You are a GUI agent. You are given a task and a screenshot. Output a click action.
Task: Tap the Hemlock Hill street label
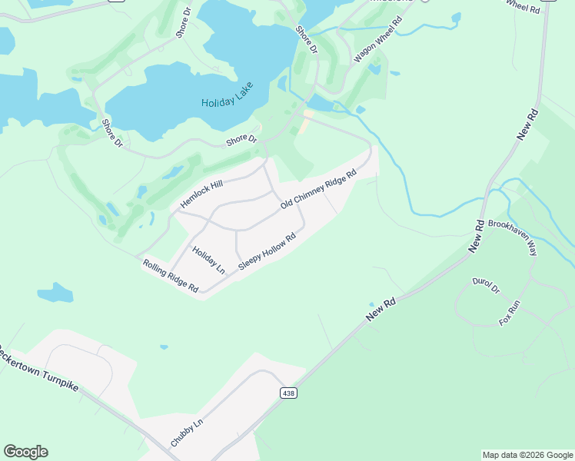click(x=201, y=194)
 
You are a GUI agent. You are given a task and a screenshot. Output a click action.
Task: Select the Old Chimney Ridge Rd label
click(x=319, y=190)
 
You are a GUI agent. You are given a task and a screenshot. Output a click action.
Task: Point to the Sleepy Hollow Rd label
click(x=267, y=252)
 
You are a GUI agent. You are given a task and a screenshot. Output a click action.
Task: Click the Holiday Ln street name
click(x=208, y=260)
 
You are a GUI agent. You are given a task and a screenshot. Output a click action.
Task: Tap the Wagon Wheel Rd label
click(x=377, y=40)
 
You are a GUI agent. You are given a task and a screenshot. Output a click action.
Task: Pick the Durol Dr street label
click(x=487, y=286)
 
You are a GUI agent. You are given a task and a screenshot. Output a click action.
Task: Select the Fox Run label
click(x=510, y=313)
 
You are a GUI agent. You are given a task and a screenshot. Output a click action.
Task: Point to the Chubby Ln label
click(x=187, y=433)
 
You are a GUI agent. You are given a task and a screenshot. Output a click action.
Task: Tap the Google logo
click(x=25, y=452)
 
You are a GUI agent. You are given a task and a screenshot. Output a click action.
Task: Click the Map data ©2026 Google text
click(x=527, y=455)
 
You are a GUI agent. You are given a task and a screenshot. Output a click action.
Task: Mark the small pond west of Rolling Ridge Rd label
click(x=55, y=293)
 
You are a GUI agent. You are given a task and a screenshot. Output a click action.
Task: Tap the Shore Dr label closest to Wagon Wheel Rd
click(x=307, y=40)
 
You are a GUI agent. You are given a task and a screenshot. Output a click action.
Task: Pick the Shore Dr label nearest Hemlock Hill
click(x=241, y=140)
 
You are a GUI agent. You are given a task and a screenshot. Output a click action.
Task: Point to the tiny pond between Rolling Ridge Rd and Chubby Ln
click(x=164, y=347)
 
